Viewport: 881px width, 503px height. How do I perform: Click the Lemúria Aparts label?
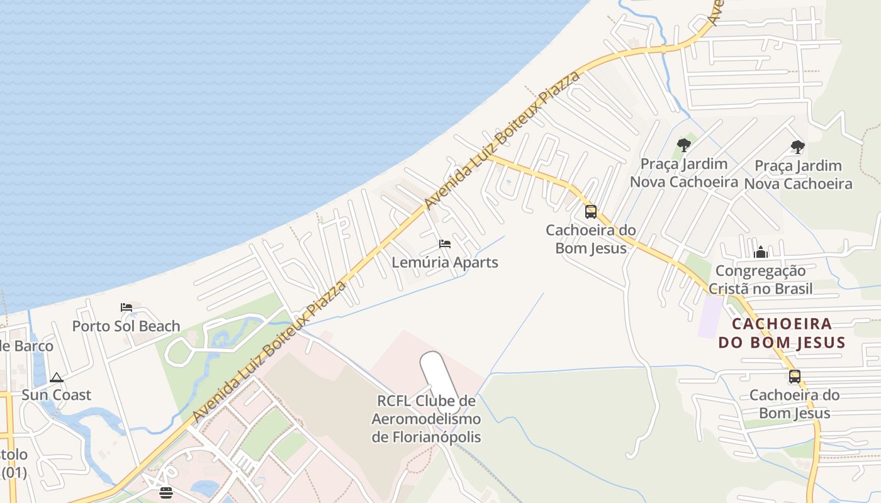click(445, 262)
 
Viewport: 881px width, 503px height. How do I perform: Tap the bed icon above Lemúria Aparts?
click(445, 244)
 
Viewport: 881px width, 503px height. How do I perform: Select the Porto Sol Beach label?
click(126, 326)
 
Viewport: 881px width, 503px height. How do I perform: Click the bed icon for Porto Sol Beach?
click(126, 307)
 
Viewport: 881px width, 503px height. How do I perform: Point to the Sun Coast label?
click(57, 395)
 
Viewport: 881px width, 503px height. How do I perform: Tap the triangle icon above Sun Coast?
click(57, 378)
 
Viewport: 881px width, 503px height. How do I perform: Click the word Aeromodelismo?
click(426, 419)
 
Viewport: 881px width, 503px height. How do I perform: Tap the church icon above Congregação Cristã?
click(761, 253)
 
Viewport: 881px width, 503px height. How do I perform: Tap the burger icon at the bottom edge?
click(166, 492)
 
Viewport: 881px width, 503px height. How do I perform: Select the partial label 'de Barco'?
click(26, 346)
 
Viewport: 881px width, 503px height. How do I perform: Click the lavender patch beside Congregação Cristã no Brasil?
click(711, 316)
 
